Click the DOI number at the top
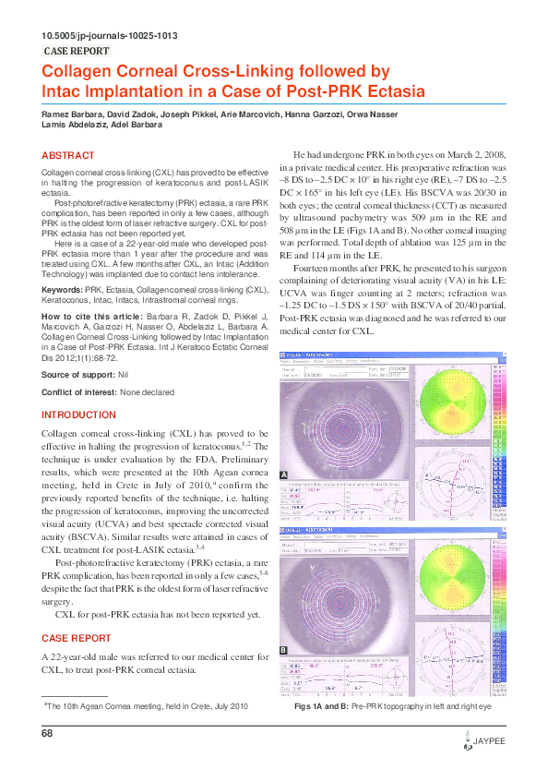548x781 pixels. click(110, 36)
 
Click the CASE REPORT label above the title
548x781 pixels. click(77, 52)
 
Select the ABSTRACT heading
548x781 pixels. click(68, 156)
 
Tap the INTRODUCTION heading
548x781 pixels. click(80, 415)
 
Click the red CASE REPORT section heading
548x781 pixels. click(77, 638)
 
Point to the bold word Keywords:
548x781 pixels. click(63, 290)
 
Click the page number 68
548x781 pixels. click(48, 733)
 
